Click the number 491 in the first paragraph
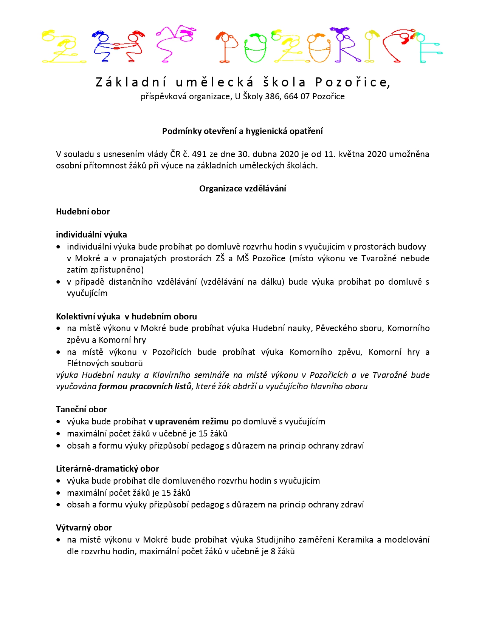click(x=199, y=154)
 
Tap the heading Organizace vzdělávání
click(x=242, y=188)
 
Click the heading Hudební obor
click(x=83, y=211)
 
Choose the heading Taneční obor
click(x=81, y=409)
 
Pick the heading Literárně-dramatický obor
click(x=107, y=469)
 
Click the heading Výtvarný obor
click(x=84, y=527)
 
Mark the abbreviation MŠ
click(x=243, y=258)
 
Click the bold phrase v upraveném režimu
click(x=188, y=421)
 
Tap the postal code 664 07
click(x=297, y=97)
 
